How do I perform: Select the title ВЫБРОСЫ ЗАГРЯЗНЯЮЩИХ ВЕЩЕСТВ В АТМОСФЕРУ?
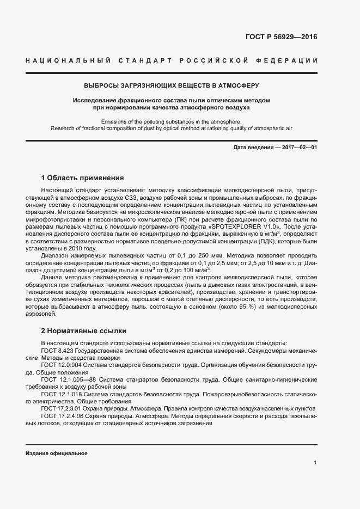(172, 85)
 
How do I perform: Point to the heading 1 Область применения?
(83, 178)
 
